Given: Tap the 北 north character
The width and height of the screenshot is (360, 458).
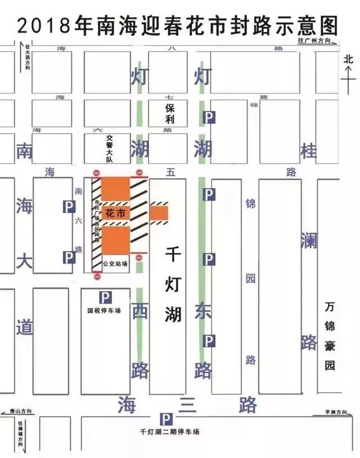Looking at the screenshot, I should [x=348, y=58].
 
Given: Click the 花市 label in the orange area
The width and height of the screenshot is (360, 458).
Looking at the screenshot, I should [x=114, y=212].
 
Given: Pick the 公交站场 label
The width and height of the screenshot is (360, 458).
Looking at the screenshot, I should [x=115, y=263].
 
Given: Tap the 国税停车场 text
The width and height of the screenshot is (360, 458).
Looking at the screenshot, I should [x=104, y=310].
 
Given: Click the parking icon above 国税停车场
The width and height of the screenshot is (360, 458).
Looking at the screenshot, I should [x=105, y=297].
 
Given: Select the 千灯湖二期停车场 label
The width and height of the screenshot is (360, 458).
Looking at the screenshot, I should [x=169, y=432].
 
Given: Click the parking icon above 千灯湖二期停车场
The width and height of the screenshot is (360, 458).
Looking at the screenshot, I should [x=166, y=419].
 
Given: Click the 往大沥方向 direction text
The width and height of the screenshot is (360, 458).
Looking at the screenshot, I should [x=27, y=56].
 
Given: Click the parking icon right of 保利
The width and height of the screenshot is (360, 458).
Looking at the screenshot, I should [x=209, y=117].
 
